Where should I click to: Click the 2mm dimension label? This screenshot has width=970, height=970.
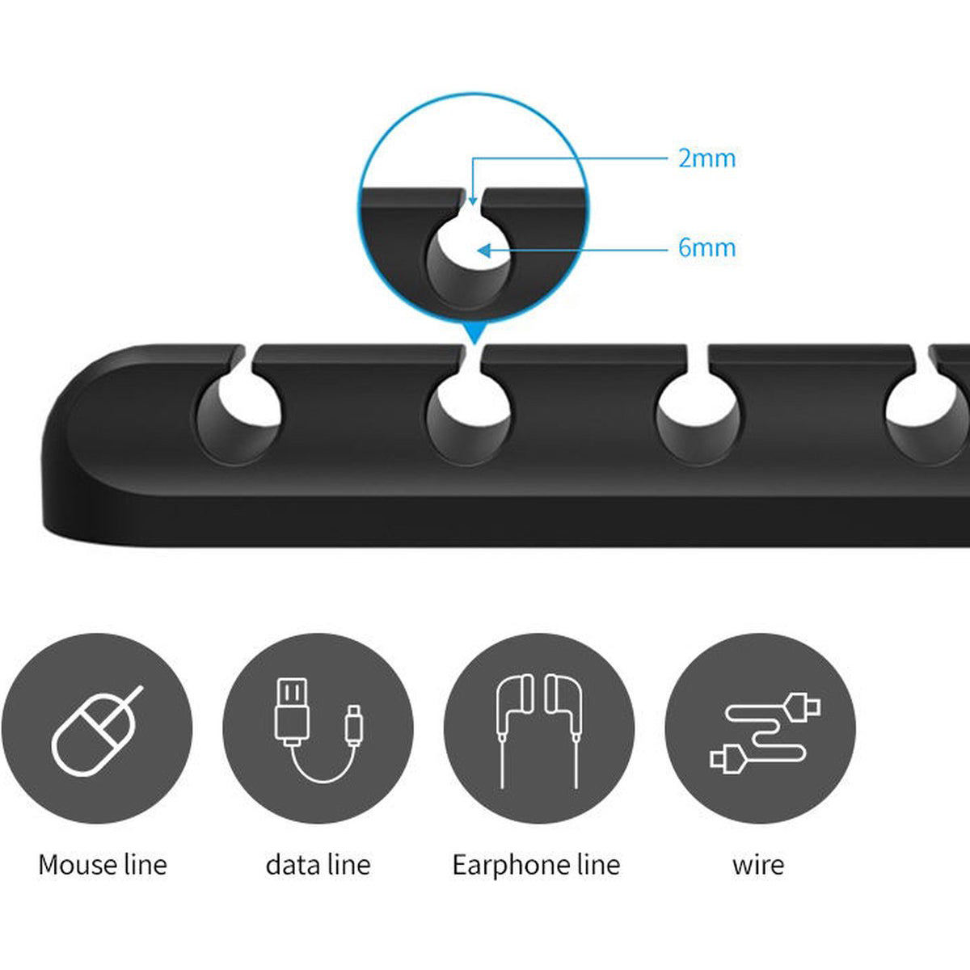tap(706, 158)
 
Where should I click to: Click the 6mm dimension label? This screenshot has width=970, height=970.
tap(706, 247)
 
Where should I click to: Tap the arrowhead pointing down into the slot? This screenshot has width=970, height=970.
tap(472, 200)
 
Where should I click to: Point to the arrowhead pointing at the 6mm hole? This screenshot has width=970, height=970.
tap(484, 250)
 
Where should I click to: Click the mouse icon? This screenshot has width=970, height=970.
tap(98, 732)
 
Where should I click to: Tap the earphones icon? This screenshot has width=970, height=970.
tap(539, 732)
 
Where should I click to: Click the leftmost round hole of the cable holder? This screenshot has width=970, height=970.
tap(238, 420)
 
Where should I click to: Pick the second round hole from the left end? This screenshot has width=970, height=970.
tap(469, 420)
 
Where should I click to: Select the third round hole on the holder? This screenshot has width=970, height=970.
tap(698, 420)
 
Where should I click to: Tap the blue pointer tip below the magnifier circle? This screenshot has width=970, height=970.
tap(473, 341)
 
